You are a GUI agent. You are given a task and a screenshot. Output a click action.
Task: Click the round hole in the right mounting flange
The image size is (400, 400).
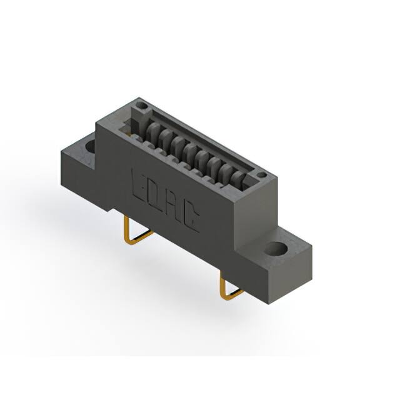(274, 249)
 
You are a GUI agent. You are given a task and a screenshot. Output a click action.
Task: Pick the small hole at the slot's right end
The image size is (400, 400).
(262, 175)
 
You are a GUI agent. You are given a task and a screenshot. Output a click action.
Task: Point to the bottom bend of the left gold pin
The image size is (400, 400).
(132, 240)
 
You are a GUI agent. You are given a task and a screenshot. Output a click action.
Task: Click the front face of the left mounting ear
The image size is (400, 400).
(77, 165)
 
